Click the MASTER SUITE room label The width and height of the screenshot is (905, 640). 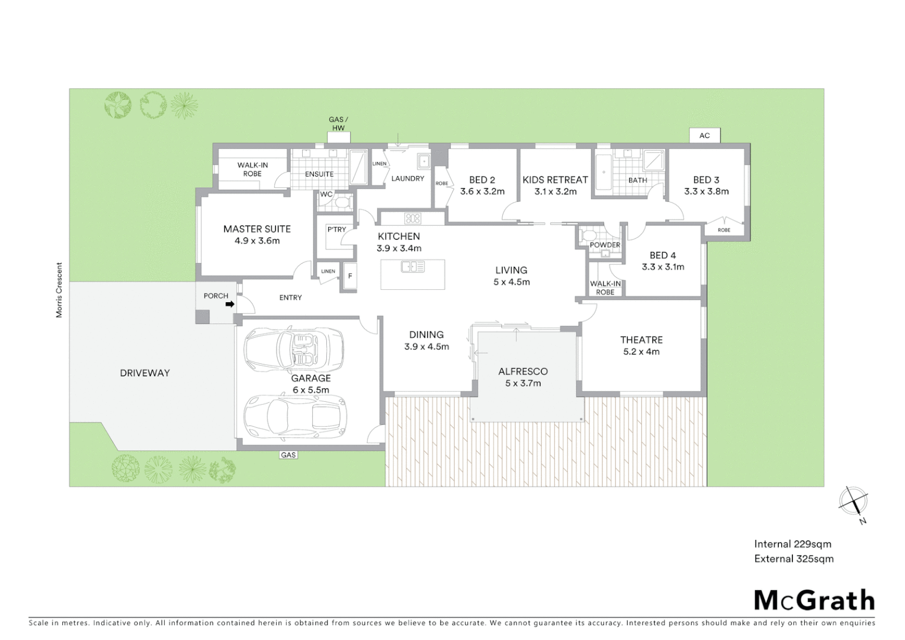pyautogui.click(x=257, y=229)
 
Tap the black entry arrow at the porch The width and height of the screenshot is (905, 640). pyautogui.click(x=229, y=305)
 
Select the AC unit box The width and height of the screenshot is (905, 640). pyautogui.click(x=704, y=136)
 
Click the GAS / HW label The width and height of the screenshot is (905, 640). pyautogui.click(x=338, y=124)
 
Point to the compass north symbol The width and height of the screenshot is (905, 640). pyautogui.click(x=853, y=502)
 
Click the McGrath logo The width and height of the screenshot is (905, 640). pyautogui.click(x=814, y=600)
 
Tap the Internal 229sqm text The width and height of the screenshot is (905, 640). pyautogui.click(x=792, y=544)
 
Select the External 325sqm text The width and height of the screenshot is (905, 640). pyautogui.click(x=794, y=559)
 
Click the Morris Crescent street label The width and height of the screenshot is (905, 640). pyautogui.click(x=59, y=290)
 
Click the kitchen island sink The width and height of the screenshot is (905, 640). pyautogui.click(x=413, y=267)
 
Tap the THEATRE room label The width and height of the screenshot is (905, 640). pyautogui.click(x=641, y=340)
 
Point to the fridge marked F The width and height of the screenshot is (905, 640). pyautogui.click(x=349, y=276)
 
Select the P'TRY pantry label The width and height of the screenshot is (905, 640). pyautogui.click(x=336, y=229)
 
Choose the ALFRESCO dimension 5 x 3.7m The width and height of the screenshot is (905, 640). pyautogui.click(x=523, y=383)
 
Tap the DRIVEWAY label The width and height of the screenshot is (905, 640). pyautogui.click(x=145, y=373)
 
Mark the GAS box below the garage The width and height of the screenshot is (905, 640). pyautogui.click(x=288, y=455)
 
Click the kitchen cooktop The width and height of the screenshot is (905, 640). pyautogui.click(x=412, y=218)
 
